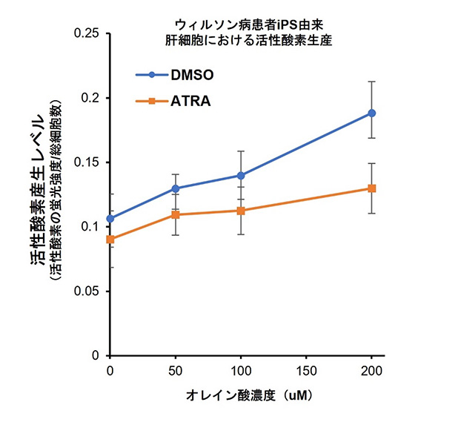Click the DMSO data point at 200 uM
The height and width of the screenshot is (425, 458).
(371, 113)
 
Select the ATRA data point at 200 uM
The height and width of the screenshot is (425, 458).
(371, 188)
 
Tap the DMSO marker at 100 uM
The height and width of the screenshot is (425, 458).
(241, 175)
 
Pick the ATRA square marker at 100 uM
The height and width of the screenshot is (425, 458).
(241, 211)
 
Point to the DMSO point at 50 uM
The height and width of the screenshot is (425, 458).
(176, 188)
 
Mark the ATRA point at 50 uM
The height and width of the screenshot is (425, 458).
(176, 214)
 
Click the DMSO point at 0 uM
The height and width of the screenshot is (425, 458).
(110, 219)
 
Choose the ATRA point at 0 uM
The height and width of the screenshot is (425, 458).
(110, 240)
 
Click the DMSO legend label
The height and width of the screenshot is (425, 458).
(196, 74)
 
